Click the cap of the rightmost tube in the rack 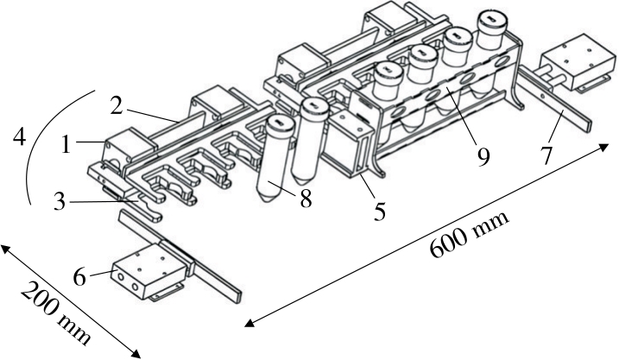(489, 19)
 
